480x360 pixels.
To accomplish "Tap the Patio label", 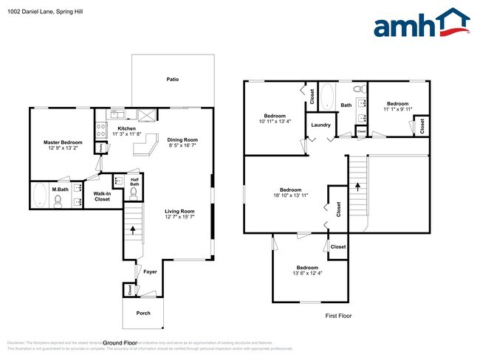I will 172,80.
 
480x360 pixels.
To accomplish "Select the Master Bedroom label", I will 62,142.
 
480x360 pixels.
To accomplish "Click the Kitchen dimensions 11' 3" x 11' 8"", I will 124,134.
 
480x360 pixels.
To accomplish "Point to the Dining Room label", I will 182,139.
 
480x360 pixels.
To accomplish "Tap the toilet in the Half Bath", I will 134,193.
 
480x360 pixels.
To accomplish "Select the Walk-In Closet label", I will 102,196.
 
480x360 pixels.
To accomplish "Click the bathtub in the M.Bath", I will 41,196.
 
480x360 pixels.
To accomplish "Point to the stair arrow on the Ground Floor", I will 133,229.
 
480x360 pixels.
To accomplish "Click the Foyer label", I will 151,271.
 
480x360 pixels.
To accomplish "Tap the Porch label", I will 143,313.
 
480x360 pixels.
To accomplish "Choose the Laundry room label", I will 320,125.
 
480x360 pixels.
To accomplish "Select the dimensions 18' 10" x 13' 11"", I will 290,195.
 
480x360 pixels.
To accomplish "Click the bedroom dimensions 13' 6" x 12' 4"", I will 307,274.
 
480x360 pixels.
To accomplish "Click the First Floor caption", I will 338,316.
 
